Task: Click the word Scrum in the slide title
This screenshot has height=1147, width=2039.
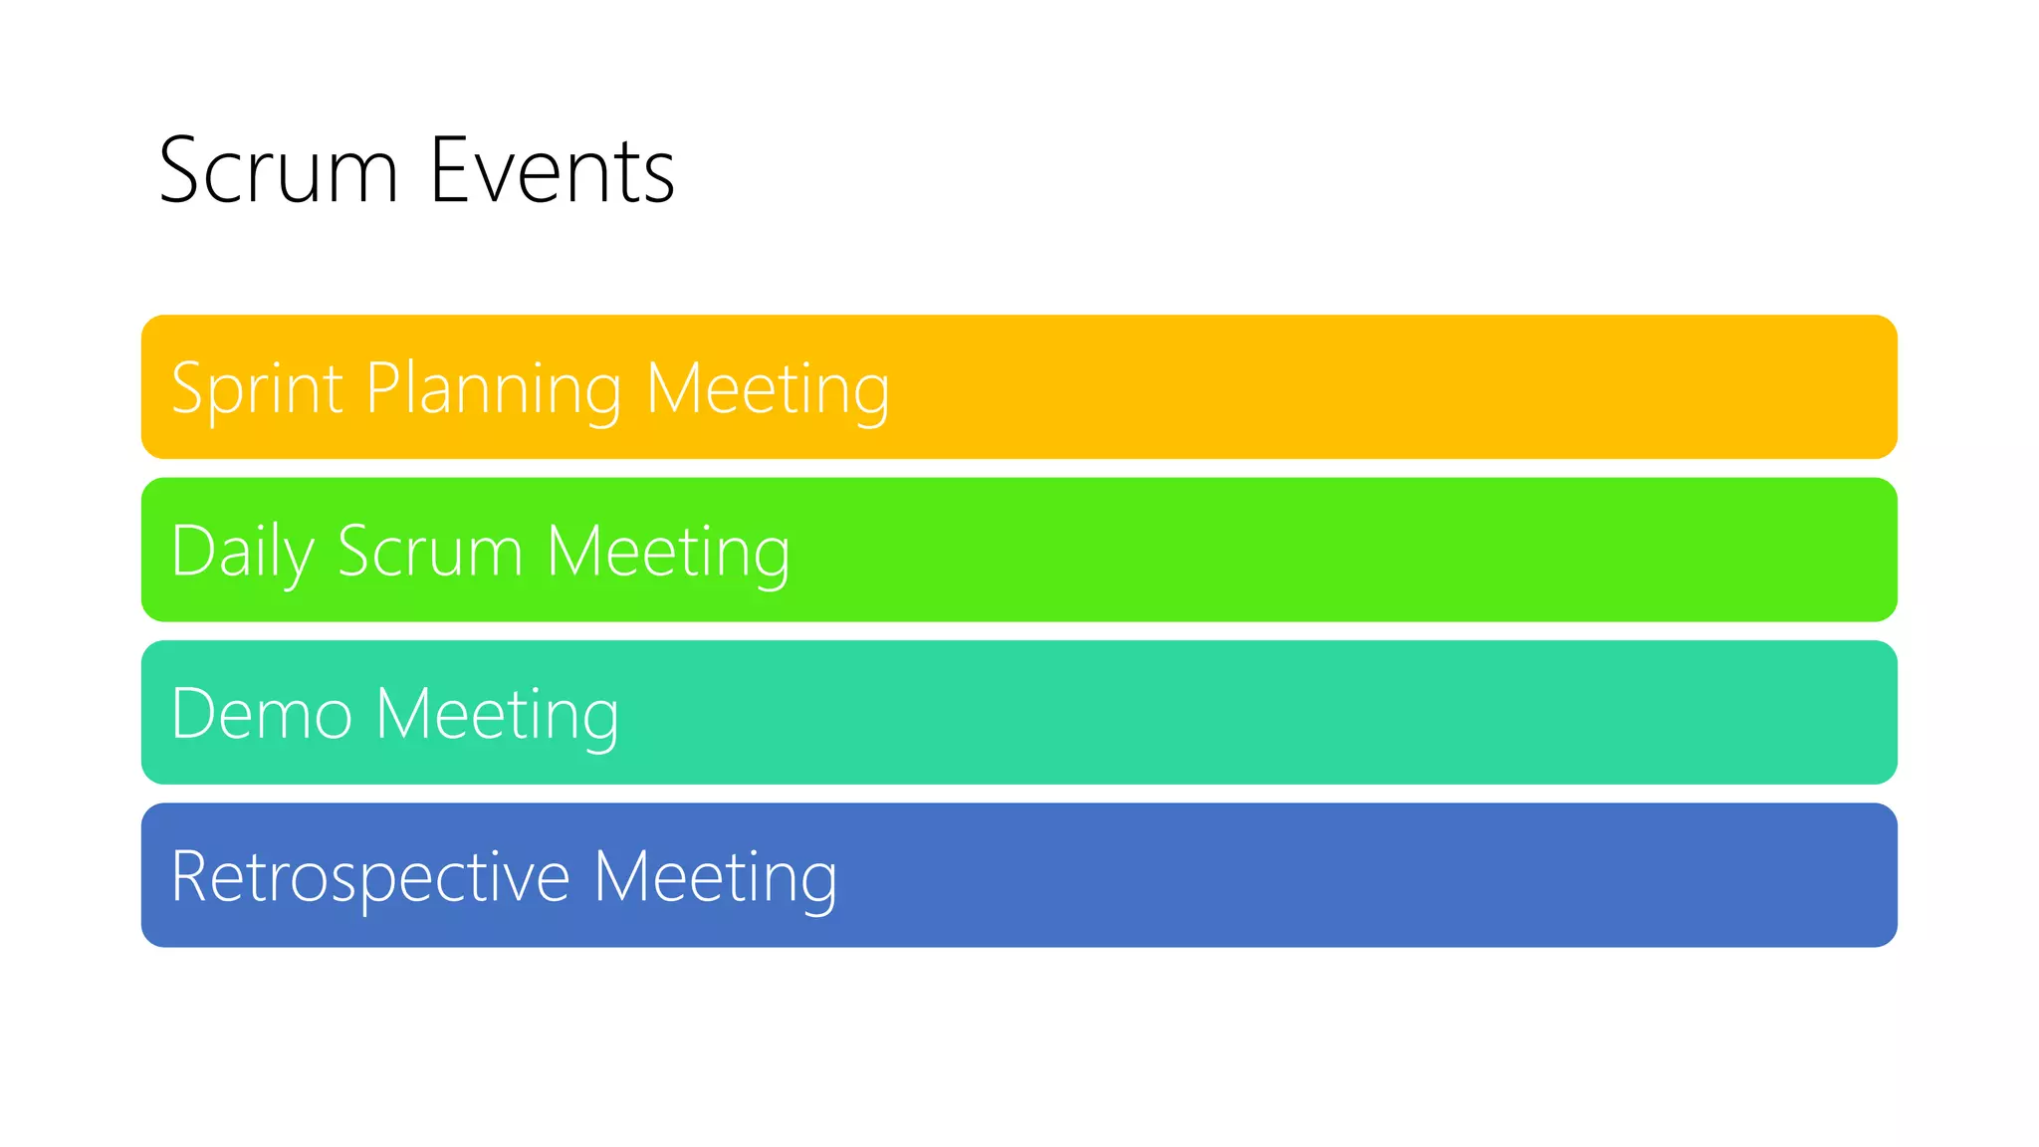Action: [x=279, y=171]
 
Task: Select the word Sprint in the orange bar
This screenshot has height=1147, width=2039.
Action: [x=257, y=388]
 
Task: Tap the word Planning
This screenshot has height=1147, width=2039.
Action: [x=494, y=388]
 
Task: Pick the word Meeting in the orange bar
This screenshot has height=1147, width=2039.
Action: [x=768, y=388]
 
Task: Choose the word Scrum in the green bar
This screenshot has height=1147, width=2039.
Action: [x=430, y=551]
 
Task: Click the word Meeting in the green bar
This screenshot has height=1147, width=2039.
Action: [x=668, y=551]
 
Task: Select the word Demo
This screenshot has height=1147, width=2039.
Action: [x=262, y=714]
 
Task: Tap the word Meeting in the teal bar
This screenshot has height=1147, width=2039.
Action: [x=497, y=714]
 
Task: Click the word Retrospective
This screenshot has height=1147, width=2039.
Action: [x=370, y=876]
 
